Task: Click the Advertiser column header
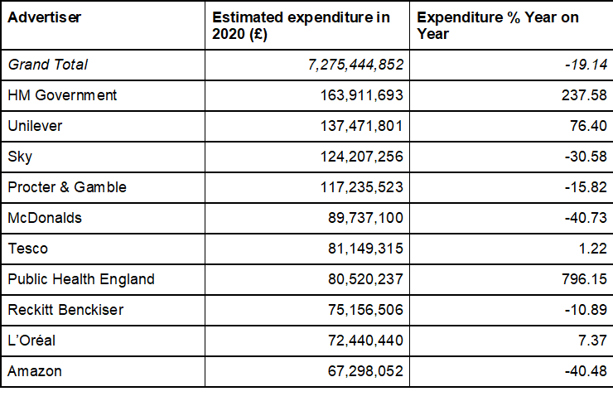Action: click(x=44, y=17)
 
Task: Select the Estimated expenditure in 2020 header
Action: click(x=301, y=26)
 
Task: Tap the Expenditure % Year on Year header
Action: click(x=498, y=26)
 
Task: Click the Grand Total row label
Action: click(x=48, y=65)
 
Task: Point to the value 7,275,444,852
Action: click(x=355, y=65)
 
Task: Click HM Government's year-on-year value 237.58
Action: click(x=584, y=95)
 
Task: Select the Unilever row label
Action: click(x=35, y=126)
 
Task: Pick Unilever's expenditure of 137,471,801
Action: click(x=362, y=126)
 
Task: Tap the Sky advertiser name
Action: click(x=20, y=157)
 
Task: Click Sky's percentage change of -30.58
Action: click(x=586, y=157)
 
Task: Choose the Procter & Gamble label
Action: click(x=67, y=187)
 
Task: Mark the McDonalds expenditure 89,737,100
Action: click(x=365, y=218)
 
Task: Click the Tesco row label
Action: click(x=28, y=249)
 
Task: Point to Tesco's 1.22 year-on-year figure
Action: click(x=592, y=249)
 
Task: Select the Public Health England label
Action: click(x=81, y=280)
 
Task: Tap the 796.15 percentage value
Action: click(x=584, y=279)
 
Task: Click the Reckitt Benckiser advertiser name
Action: click(x=65, y=310)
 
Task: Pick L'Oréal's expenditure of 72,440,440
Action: click(x=365, y=341)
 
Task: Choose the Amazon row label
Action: click(x=35, y=371)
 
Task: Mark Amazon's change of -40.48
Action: click(x=586, y=371)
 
